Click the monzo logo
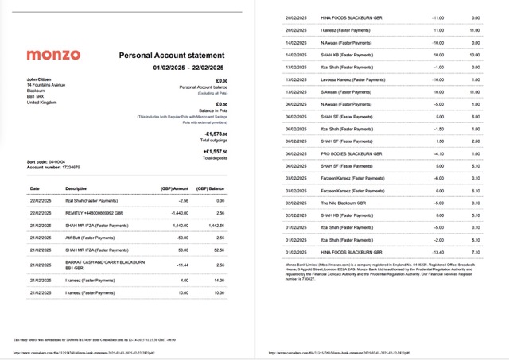point(53,56)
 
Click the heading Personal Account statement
point(171,56)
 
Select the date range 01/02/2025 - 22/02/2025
point(188,68)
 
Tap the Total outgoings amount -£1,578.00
point(216,134)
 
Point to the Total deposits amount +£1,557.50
point(216,151)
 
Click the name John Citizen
point(40,79)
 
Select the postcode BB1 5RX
point(37,97)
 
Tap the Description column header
point(76,189)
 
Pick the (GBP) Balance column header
point(213,189)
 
